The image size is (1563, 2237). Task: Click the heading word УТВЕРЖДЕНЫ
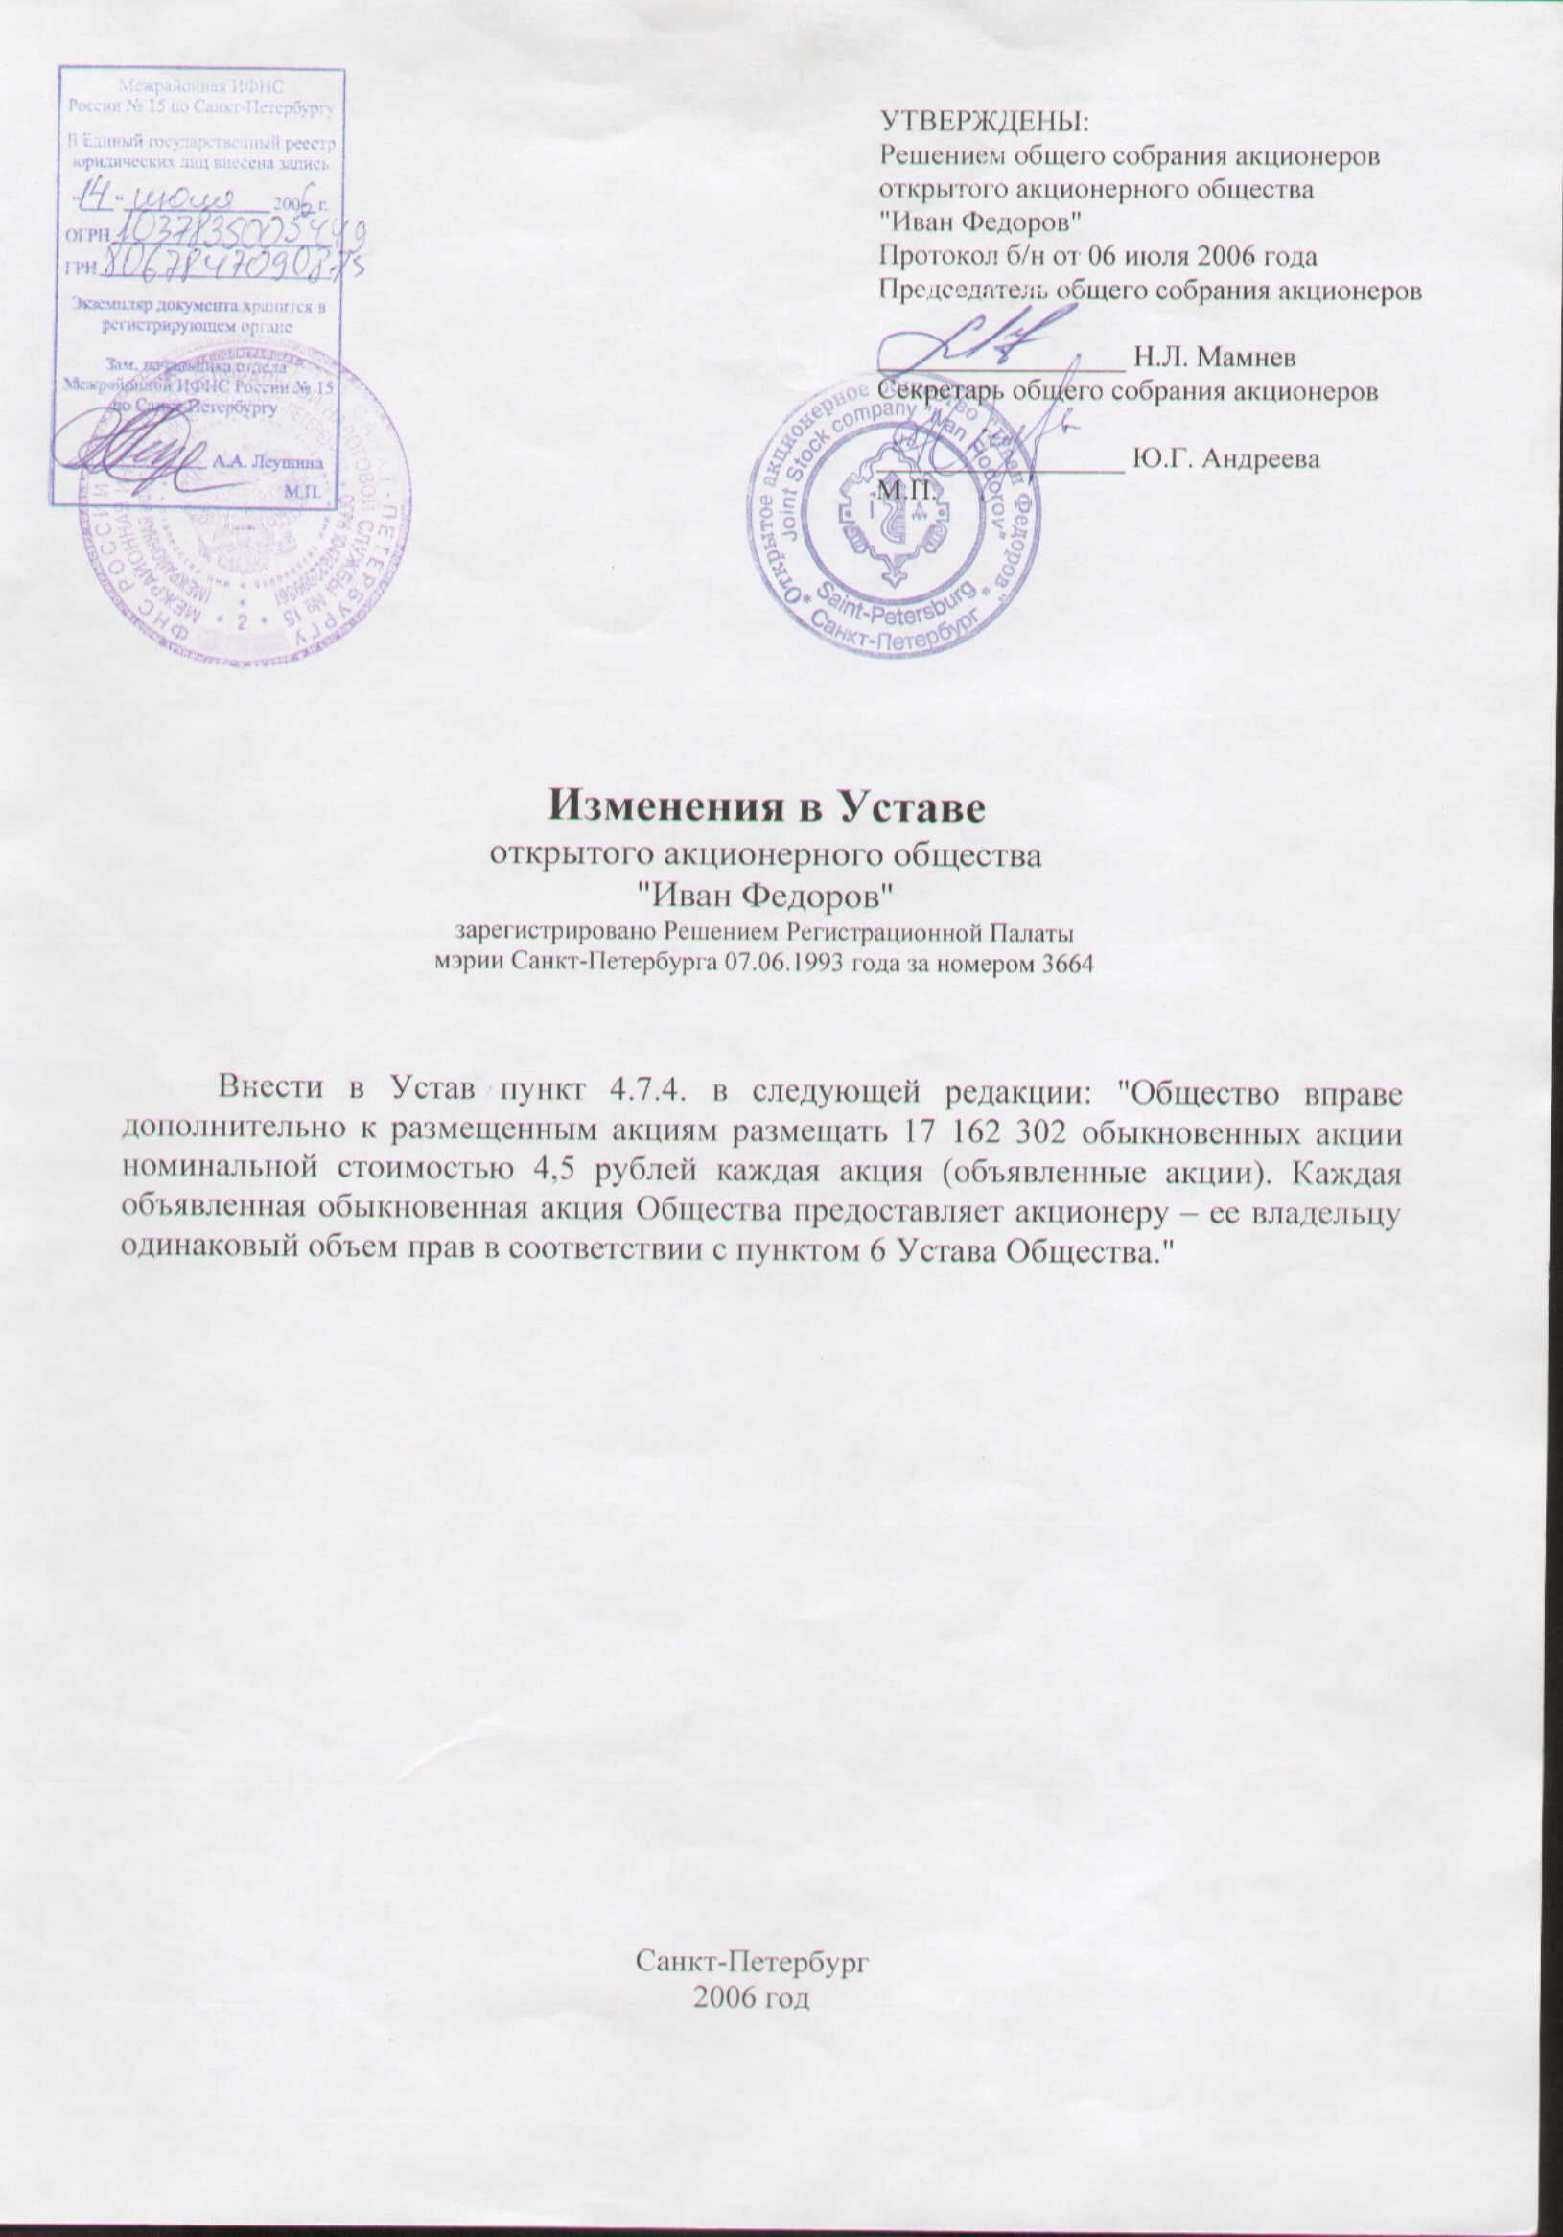tap(983, 124)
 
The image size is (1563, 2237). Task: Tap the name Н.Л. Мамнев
tap(1214, 357)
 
